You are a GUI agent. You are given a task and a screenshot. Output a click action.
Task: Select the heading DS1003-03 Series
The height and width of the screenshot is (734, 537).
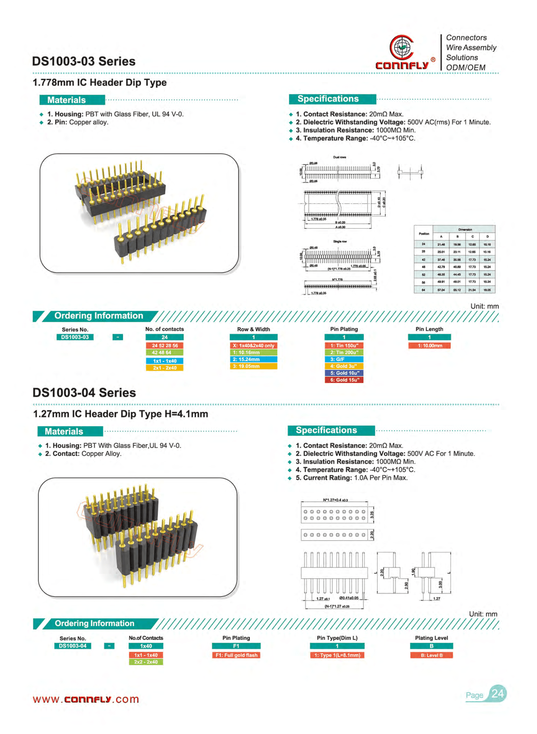84,61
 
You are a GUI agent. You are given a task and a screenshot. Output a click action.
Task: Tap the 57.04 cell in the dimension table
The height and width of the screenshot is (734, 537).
441,290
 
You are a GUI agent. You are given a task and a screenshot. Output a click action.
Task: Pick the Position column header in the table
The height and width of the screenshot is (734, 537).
424,234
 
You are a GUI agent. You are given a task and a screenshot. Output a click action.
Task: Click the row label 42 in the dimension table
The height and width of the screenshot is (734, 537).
423,260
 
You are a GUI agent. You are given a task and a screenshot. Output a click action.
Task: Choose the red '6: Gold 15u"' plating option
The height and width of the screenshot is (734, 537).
344,380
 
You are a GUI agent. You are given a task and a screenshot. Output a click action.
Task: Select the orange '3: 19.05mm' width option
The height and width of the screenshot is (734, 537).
253,366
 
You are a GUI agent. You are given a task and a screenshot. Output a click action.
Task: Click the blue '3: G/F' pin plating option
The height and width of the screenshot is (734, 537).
344,359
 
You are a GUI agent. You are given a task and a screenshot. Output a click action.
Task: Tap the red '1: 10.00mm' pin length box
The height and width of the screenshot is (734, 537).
430,346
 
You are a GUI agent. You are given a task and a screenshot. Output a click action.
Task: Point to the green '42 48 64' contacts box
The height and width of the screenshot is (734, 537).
164,353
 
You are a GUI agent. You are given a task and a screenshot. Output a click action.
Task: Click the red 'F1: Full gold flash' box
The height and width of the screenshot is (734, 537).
236,655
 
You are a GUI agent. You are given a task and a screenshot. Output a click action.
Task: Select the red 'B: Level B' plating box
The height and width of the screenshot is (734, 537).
431,655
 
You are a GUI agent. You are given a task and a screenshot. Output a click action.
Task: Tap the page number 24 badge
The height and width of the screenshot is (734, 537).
497,694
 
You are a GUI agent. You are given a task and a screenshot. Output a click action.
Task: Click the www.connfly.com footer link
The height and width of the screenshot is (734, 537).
86,699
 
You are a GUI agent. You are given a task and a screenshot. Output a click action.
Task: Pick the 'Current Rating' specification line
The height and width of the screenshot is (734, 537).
351,478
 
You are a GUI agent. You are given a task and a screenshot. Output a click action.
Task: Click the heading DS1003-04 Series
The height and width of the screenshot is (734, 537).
84,393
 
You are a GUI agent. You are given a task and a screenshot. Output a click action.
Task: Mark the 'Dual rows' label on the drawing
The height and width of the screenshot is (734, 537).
339,157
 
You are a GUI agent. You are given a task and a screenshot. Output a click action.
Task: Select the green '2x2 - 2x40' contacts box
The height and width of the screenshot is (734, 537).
146,662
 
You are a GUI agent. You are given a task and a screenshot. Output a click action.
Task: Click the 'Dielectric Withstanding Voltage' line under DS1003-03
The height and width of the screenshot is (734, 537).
393,122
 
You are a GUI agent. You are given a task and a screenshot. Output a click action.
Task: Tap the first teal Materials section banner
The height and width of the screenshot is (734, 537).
72,100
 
